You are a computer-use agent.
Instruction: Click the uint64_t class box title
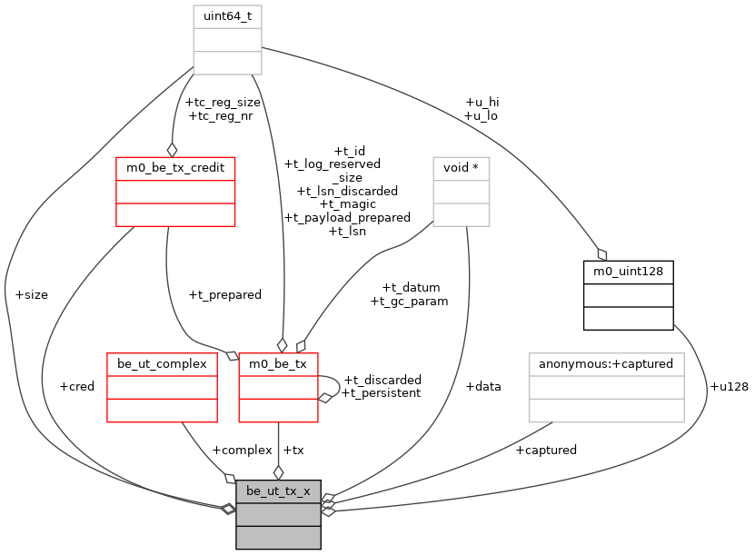(x=227, y=16)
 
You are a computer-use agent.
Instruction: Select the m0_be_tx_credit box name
(x=175, y=168)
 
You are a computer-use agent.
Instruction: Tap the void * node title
(x=462, y=168)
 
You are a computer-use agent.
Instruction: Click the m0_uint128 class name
(x=628, y=272)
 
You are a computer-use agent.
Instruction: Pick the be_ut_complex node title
(x=162, y=363)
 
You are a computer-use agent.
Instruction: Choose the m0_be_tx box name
(x=278, y=363)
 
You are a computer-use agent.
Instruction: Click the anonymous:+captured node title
(x=606, y=363)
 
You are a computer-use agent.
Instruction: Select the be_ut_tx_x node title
(x=278, y=491)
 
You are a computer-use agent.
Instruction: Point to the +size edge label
(x=32, y=294)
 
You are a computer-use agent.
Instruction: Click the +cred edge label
(x=76, y=386)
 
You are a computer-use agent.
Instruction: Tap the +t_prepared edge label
(x=224, y=294)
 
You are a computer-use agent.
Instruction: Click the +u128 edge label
(x=729, y=386)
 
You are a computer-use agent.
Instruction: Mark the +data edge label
(x=483, y=386)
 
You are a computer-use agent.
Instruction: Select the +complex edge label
(x=242, y=450)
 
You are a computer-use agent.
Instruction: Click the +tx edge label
(x=293, y=450)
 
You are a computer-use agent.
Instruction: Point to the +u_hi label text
(x=482, y=103)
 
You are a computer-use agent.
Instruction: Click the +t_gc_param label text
(x=410, y=301)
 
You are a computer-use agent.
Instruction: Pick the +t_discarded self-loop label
(x=382, y=380)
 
